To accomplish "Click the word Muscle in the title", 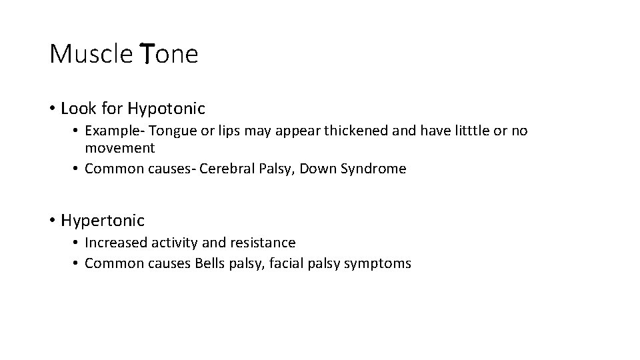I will pyautogui.click(x=91, y=54).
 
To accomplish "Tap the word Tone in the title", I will pyautogui.click(x=169, y=54).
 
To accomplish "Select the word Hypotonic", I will pyautogui.click(x=166, y=108).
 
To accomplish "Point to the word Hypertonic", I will pyautogui.click(x=102, y=219).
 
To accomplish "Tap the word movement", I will pyautogui.click(x=120, y=147).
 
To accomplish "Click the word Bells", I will pyautogui.click(x=211, y=263).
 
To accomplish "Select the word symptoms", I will pyautogui.click(x=378, y=263).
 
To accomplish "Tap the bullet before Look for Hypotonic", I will pyautogui.click(x=52, y=109).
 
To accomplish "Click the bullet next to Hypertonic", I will pyautogui.click(x=52, y=220).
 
